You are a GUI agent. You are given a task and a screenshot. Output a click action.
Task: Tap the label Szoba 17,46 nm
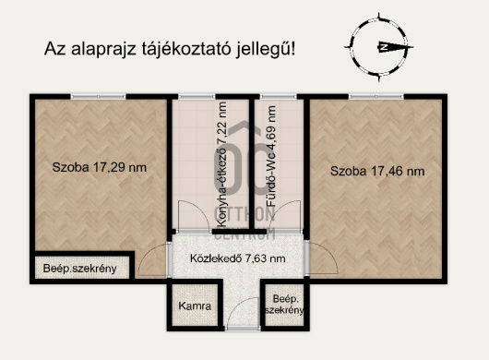pos(377,171)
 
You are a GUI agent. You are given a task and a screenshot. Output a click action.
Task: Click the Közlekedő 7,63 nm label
pos(237,258)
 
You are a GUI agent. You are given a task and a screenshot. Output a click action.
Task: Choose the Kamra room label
pos(195,306)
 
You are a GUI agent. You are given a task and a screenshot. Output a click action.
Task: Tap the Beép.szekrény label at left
pos(79,269)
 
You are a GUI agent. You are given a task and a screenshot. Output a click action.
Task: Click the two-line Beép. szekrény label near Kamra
pos(283,305)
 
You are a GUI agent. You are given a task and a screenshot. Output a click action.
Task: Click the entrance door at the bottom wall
pos(242,329)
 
